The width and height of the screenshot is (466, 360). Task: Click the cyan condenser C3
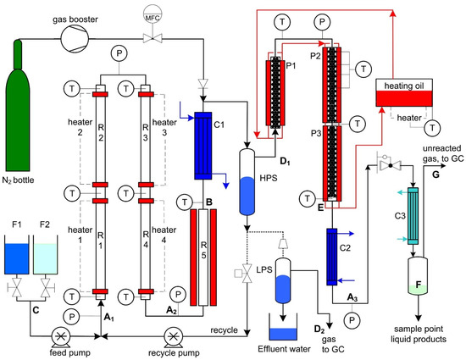click(x=413, y=216)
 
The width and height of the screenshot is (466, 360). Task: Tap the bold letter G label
click(x=435, y=174)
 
